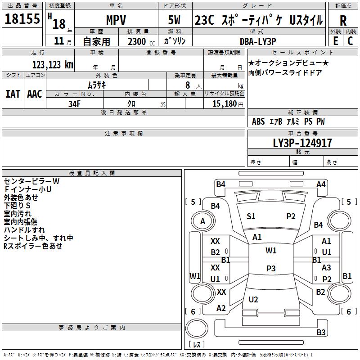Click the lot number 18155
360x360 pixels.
pyautogui.click(x=22, y=19)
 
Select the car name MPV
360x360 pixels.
pyautogui.click(x=116, y=20)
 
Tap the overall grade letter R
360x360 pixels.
pyautogui.click(x=343, y=21)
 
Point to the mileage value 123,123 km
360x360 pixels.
pyautogui.click(x=53, y=65)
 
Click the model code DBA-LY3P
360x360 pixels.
pyautogui.click(x=258, y=41)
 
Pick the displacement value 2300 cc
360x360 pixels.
pyautogui.click(x=141, y=42)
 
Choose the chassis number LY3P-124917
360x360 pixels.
pyautogui.click(x=302, y=143)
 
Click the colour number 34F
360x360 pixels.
pyautogui.click(x=74, y=104)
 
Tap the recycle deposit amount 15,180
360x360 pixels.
pyautogui.click(x=225, y=104)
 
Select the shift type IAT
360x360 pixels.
pyautogui.click(x=13, y=94)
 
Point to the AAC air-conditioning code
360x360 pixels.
pyautogui.click(x=35, y=94)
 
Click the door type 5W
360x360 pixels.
pyautogui.click(x=174, y=20)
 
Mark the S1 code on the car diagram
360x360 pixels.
pyautogui.click(x=251, y=216)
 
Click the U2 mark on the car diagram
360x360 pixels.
pyautogui.click(x=253, y=300)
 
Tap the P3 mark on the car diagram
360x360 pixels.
pyautogui.click(x=271, y=268)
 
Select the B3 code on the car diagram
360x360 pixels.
pyautogui.click(x=321, y=332)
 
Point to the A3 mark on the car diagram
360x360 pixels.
pyautogui.click(x=326, y=267)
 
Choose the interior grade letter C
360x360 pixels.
pyautogui.click(x=350, y=41)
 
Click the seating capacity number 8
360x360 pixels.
pyautogui.click(x=188, y=85)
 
